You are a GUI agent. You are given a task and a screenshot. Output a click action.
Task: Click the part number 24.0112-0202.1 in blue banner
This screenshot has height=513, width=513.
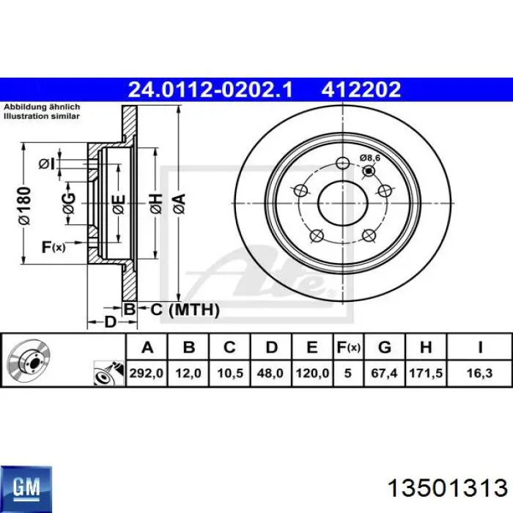click(x=210, y=89)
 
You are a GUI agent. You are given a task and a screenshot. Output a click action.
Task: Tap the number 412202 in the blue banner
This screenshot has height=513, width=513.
click(x=361, y=89)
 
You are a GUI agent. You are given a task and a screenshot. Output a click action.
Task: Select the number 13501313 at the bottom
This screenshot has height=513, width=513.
click(x=447, y=489)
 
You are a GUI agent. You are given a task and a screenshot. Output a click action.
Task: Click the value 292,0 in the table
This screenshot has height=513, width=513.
click(x=147, y=373)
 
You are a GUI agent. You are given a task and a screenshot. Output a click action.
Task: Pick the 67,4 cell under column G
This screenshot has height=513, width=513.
click(x=384, y=373)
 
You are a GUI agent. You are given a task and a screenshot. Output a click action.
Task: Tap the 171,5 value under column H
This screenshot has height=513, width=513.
click(x=426, y=373)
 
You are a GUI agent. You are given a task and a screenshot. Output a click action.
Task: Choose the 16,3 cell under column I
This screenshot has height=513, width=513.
click(x=479, y=373)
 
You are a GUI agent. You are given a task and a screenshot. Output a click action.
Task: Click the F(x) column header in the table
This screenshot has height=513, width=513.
click(x=348, y=347)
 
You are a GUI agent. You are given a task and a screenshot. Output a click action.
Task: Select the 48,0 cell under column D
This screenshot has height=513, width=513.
click(x=270, y=373)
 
